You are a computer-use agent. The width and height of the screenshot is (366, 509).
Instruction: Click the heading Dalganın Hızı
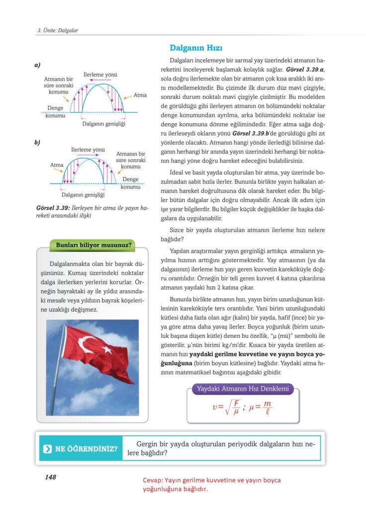point(196,48)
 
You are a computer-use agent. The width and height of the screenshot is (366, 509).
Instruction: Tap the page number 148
point(50,477)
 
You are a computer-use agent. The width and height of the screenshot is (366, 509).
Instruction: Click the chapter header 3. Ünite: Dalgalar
point(58,31)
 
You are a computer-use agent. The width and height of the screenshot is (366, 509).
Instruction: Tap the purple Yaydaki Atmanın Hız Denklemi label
point(243,389)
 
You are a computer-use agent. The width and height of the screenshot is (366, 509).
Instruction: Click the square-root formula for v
point(226,407)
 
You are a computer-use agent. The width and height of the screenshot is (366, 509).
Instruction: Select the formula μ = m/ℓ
point(261,407)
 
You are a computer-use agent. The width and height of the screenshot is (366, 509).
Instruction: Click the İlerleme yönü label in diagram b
point(88,149)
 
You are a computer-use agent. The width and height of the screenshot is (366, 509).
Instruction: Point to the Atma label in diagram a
point(140,95)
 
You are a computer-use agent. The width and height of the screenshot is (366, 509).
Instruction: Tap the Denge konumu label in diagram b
point(130,183)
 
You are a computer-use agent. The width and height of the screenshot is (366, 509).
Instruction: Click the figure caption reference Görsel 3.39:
point(52,208)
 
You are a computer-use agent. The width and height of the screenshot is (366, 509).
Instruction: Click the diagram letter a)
point(37,65)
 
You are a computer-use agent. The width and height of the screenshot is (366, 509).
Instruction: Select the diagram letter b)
point(37,143)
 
